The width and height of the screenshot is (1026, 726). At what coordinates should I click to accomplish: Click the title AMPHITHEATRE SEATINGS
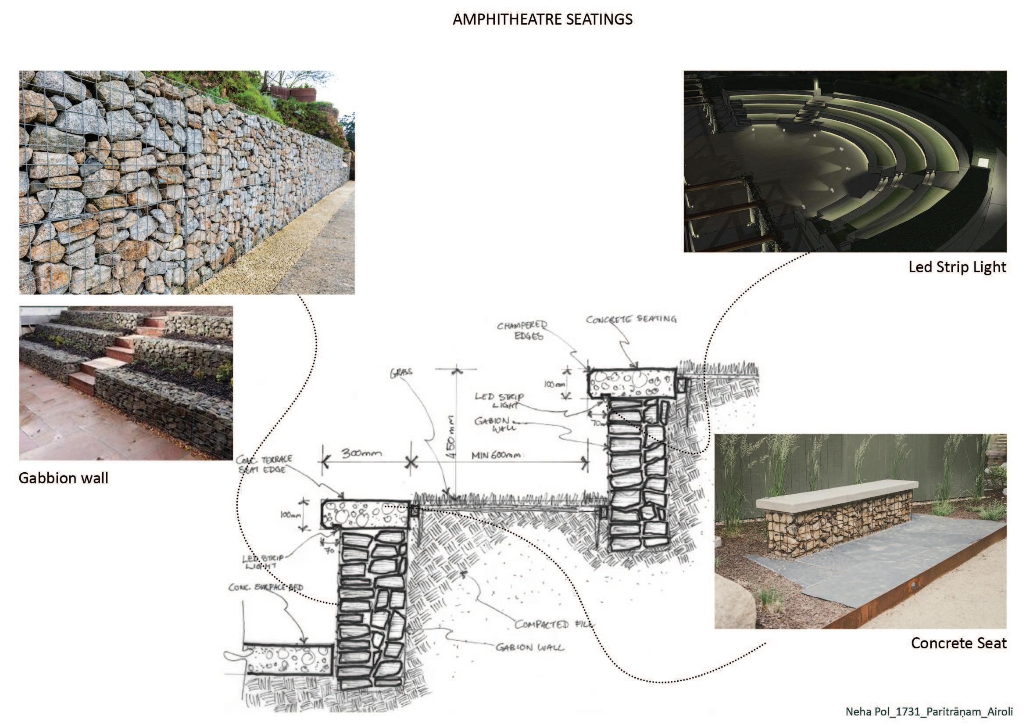point(543,20)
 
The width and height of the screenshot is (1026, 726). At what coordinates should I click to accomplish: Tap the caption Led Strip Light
point(957,267)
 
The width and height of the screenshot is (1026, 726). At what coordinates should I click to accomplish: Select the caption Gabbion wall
point(64,478)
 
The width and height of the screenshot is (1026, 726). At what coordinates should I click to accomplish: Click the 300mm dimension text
point(361,453)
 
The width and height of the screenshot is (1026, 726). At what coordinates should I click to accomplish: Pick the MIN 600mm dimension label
point(496,456)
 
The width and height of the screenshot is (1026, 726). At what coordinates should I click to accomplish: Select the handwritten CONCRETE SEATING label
point(631,319)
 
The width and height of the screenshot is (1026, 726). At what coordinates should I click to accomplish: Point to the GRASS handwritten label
point(401,373)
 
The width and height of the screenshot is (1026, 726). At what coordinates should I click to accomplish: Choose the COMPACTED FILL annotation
point(554,624)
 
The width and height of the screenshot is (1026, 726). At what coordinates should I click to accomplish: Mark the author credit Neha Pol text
point(929,711)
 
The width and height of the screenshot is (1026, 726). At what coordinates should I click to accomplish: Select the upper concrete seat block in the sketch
point(633,383)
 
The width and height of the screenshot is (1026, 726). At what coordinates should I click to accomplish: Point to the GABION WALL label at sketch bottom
point(529,647)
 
